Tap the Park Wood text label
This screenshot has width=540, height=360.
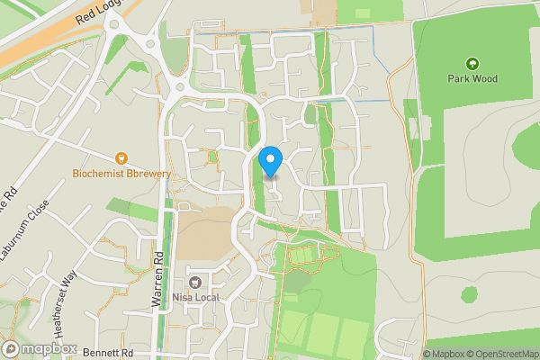click(x=472, y=78)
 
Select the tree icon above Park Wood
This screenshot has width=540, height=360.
click(x=472, y=64)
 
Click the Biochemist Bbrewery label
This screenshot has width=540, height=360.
click(x=122, y=173)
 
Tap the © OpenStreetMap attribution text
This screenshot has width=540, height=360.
click(x=506, y=354)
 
